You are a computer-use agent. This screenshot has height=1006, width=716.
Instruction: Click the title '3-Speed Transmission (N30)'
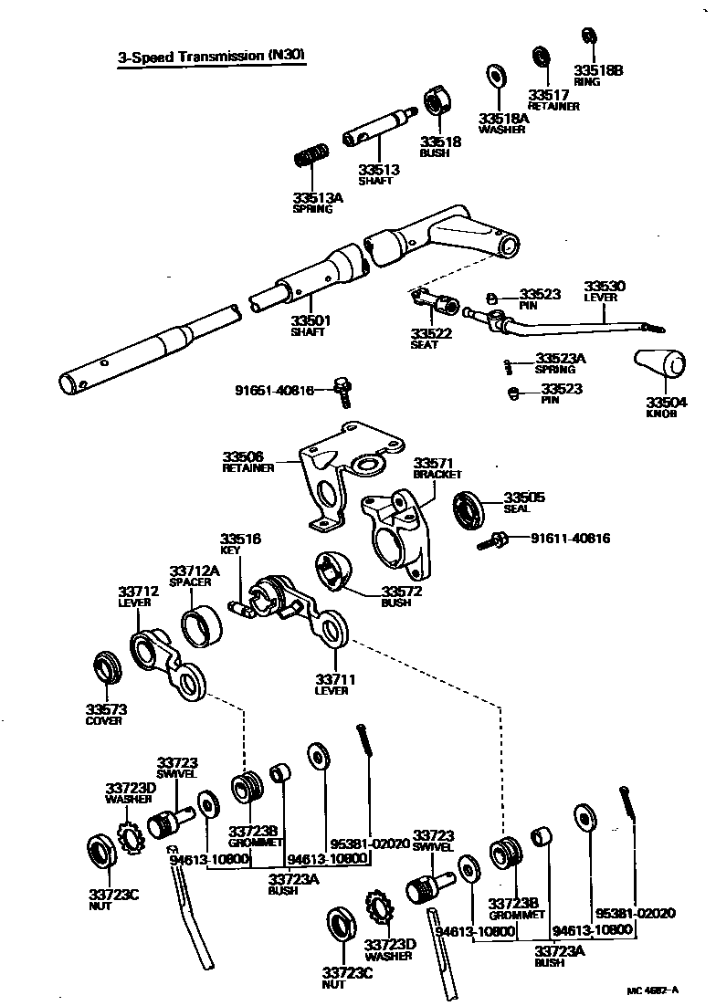point(211,58)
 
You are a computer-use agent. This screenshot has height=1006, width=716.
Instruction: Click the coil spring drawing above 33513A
point(311,158)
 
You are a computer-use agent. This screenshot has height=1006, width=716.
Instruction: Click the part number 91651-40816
point(273,391)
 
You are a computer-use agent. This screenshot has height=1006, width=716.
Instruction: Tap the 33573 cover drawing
point(109,667)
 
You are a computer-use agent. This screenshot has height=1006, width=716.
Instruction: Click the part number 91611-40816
point(571,539)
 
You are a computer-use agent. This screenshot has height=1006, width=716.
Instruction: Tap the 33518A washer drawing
point(498,75)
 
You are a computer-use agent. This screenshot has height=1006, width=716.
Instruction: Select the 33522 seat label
point(431,339)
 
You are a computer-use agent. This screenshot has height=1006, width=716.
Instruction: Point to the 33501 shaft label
point(311,326)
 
